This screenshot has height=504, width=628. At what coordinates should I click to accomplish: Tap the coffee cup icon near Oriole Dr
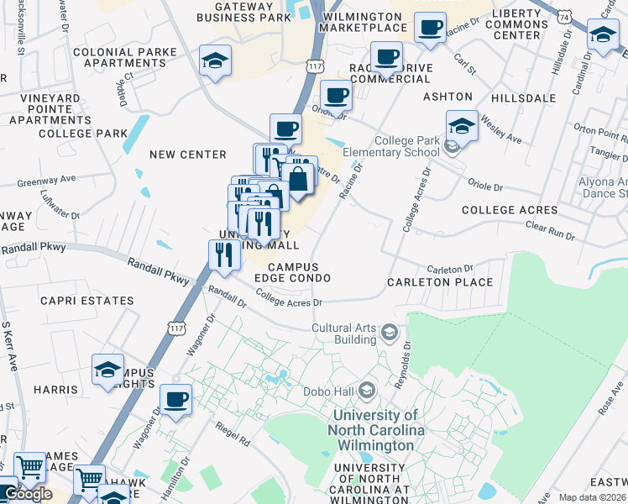click(x=337, y=95)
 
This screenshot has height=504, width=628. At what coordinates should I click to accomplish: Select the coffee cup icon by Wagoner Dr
click(x=175, y=399)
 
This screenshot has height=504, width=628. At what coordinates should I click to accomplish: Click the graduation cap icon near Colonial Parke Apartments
click(x=215, y=60)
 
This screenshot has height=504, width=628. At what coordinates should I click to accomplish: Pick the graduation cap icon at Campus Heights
click(x=107, y=370)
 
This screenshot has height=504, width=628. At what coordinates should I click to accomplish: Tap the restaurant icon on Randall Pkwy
click(x=223, y=255)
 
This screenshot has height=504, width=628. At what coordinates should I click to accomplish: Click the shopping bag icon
click(x=298, y=177)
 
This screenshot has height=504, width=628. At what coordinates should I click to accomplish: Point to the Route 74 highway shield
click(x=568, y=17)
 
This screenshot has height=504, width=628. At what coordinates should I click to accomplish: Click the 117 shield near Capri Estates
click(x=175, y=323)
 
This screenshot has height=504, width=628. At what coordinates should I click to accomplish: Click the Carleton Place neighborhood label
click(x=440, y=282)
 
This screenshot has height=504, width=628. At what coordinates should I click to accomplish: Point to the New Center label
click(x=188, y=155)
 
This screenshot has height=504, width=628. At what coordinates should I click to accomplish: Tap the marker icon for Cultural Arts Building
click(x=388, y=333)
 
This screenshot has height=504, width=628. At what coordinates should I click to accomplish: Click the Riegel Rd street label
click(x=233, y=438)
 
